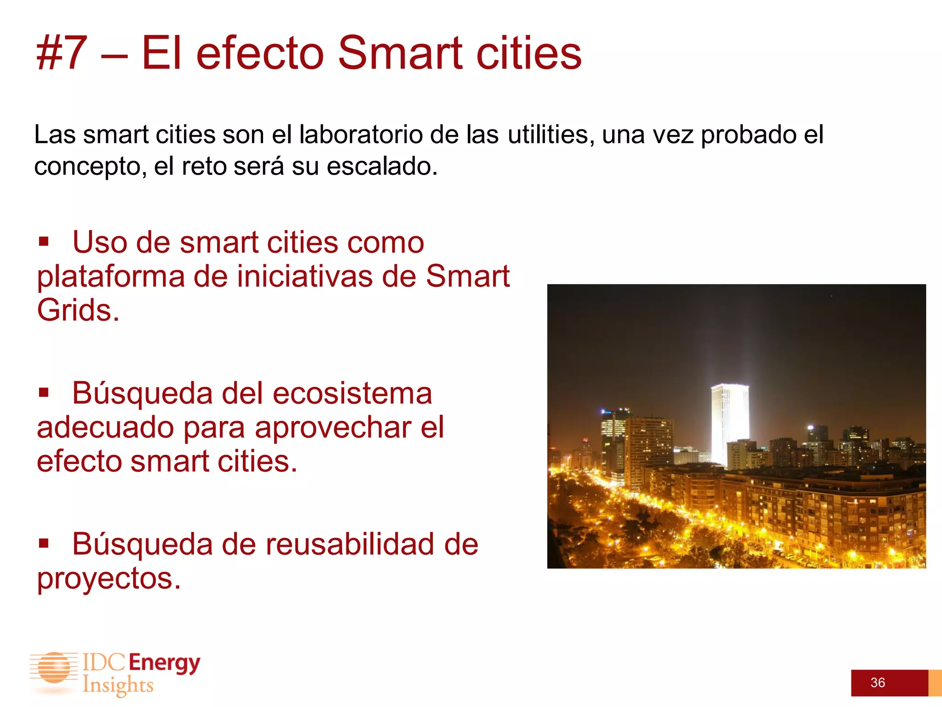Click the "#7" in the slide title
62,53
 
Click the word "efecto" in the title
260,53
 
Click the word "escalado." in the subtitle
382,166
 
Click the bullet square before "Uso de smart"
44,242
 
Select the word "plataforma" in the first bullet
110,277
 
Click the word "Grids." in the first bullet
78,310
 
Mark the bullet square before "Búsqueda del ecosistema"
44,393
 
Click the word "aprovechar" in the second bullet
333,428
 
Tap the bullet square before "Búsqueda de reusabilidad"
44,544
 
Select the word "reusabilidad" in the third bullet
350,545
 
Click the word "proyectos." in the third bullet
109,579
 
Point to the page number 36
878,683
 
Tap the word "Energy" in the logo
164,663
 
